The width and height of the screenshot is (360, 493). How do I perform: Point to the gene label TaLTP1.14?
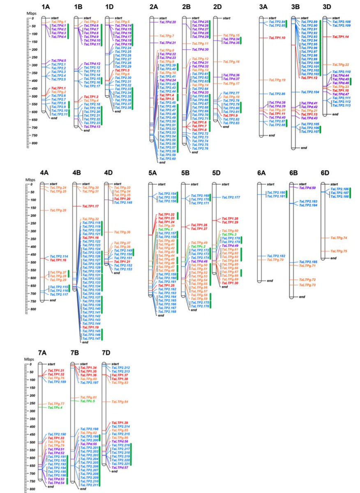click(341, 37)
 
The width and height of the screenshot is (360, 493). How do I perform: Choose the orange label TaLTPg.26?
click(58, 210)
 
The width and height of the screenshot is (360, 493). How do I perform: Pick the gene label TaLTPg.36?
click(122, 233)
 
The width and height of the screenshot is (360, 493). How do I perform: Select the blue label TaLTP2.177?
click(231, 198)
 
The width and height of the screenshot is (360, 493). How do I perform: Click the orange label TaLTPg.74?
click(339, 238)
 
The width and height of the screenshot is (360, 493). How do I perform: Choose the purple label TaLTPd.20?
click(168, 22)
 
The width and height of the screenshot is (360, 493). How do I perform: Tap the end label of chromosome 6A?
click(270, 281)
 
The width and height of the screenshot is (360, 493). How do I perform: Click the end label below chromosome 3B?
click(304, 147)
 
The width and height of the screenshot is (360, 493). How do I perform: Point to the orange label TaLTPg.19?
click(277, 80)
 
